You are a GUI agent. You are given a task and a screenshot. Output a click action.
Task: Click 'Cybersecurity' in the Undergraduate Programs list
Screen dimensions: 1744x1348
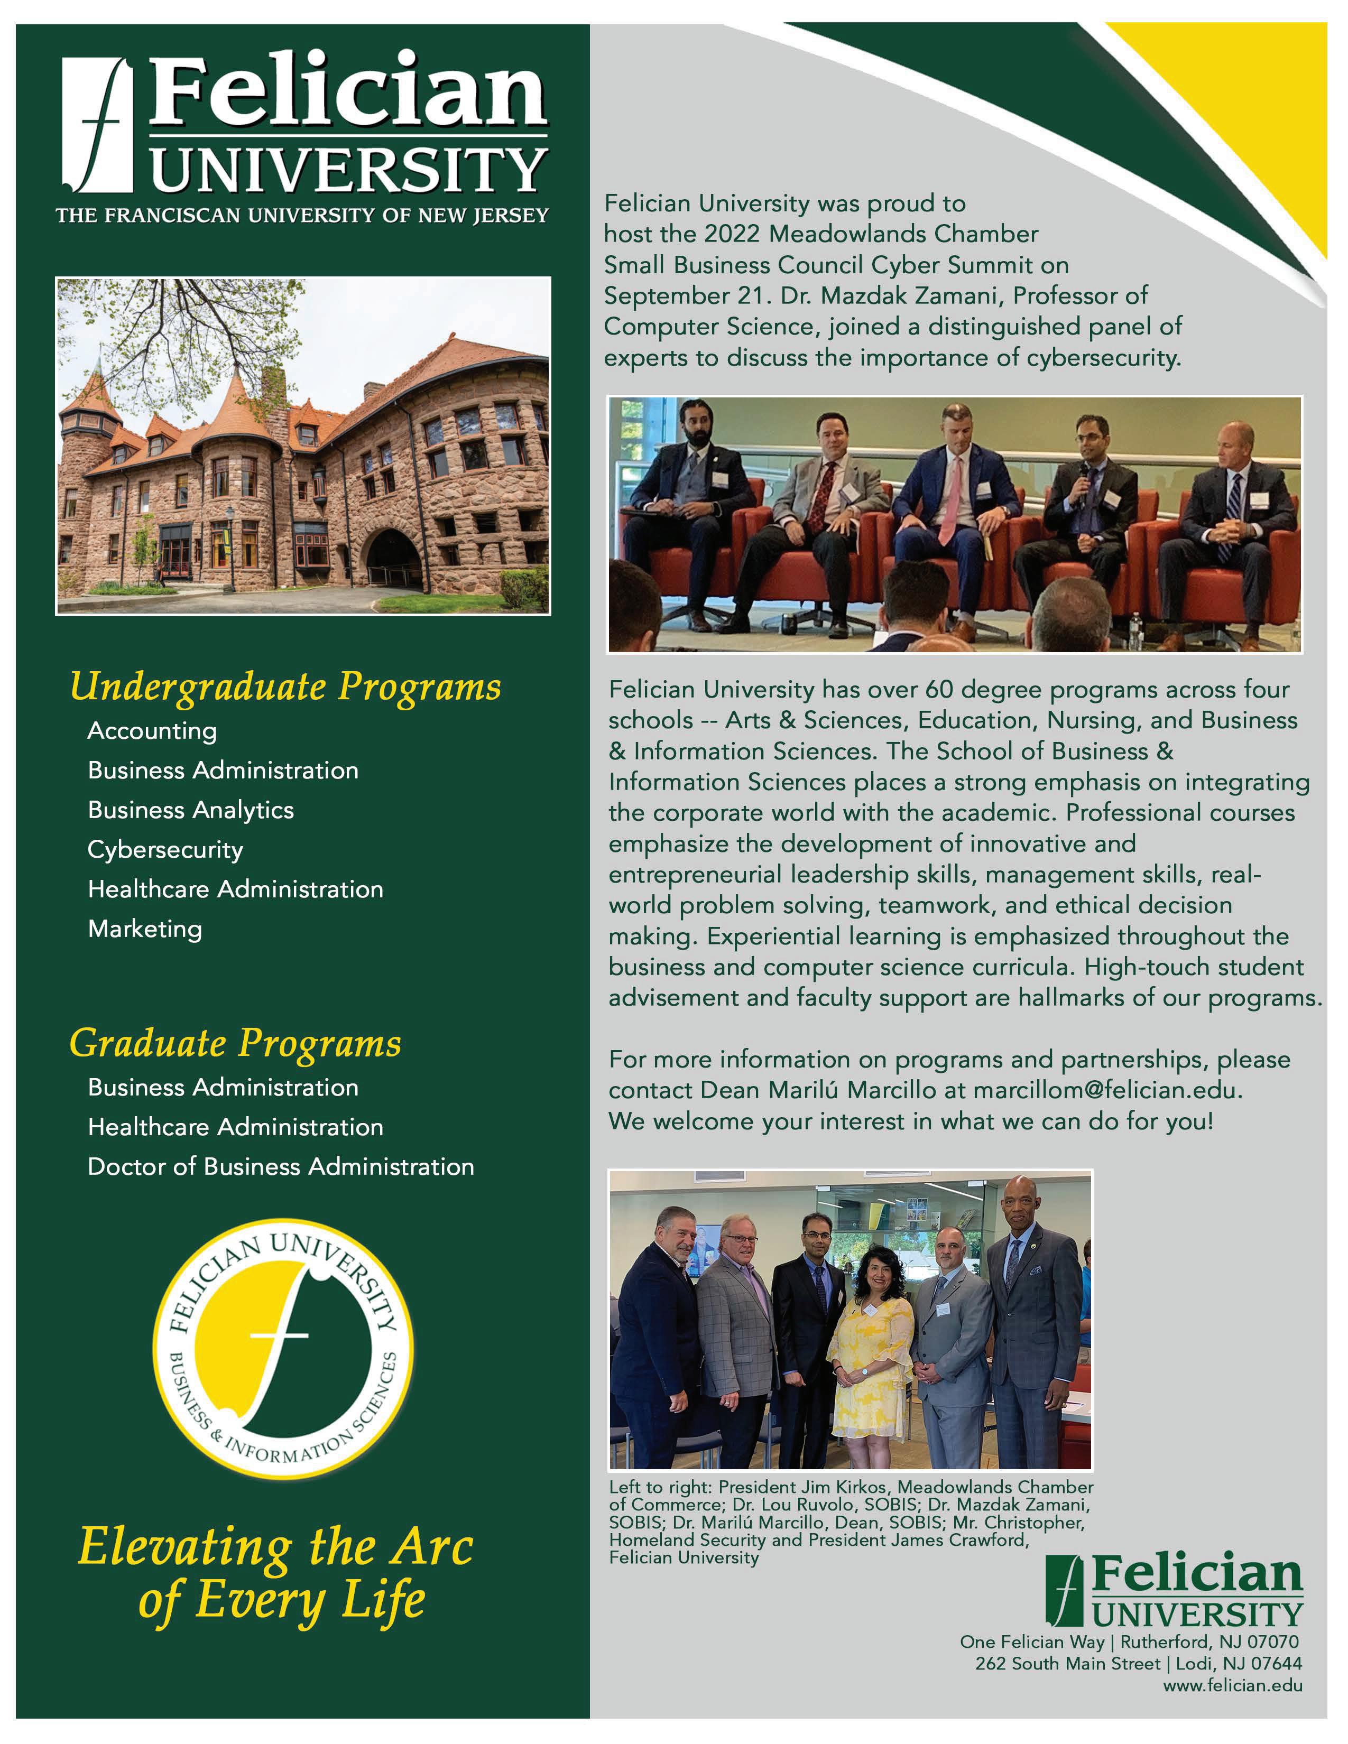tap(165, 850)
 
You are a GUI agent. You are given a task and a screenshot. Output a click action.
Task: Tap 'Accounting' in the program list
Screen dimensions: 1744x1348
tap(152, 731)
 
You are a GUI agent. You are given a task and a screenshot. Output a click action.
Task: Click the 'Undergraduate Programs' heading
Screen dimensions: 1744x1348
tap(285, 687)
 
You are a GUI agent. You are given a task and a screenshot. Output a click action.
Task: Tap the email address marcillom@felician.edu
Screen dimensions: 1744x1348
tap(1106, 1091)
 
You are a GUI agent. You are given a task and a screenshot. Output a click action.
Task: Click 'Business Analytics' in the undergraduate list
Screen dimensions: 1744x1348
tap(191, 810)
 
